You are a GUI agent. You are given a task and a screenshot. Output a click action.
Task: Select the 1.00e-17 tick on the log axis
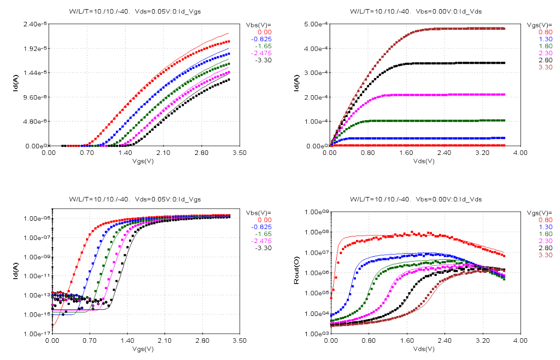click(x=35, y=334)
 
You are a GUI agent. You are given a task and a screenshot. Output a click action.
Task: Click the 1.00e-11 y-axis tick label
click(x=35, y=276)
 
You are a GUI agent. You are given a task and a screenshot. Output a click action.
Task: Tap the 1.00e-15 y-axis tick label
click(x=35, y=315)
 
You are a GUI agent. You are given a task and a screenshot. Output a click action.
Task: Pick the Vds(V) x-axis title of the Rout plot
click(x=424, y=349)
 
